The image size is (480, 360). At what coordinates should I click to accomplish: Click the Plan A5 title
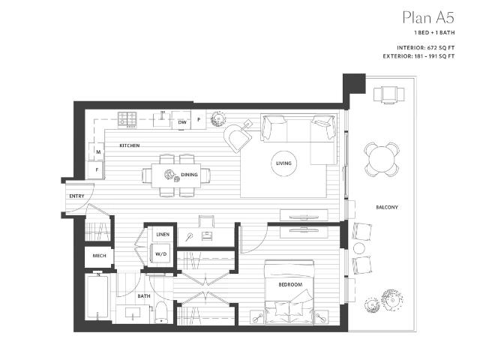424,17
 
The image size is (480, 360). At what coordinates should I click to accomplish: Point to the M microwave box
98,152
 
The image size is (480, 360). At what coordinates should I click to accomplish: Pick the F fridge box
98,170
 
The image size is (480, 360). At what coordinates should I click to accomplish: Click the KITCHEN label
130,145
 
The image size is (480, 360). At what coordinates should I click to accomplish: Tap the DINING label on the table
190,175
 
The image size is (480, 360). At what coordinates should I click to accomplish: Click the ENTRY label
76,196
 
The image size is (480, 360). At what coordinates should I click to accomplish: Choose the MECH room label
99,255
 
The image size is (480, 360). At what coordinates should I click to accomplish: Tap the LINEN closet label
162,235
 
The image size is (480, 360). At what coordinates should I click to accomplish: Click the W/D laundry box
161,253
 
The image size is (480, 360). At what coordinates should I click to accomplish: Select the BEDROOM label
289,284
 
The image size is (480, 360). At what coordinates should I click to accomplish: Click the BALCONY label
387,206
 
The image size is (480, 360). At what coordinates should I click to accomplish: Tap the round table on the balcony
380,158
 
